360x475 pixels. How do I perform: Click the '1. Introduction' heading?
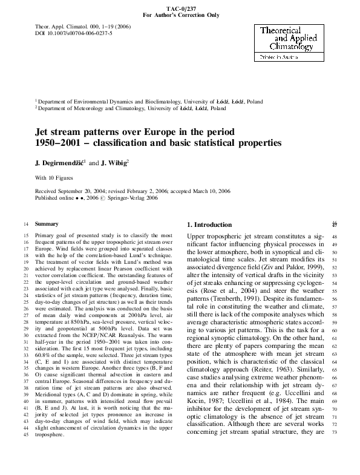(x=209, y=224)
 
